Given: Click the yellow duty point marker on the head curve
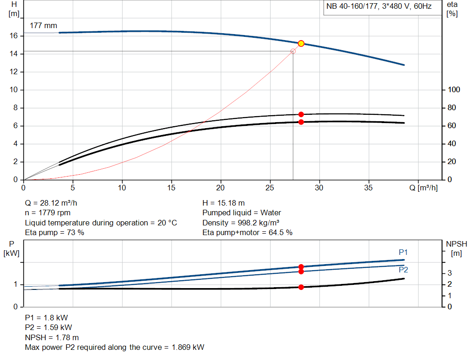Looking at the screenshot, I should pos(301,43).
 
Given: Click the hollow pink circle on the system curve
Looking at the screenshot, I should pos(293,51).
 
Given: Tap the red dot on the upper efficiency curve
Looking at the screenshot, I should pos(301,114).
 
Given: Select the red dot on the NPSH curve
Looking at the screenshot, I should pos(301,287).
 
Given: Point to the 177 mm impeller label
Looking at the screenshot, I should pos(44,26).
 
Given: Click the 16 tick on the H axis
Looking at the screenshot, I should pos(14,35).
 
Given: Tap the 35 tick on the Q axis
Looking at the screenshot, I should pos(368,188).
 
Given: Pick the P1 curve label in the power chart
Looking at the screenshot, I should pos(403,252).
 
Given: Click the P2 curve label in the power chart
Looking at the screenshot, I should pos(403,270).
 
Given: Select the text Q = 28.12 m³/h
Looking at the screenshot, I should pos(54,203).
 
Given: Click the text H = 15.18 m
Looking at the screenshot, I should pos(224,203).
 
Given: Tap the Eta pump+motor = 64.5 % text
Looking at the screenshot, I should pos(248,233).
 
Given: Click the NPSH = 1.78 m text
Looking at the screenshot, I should pos(52,337).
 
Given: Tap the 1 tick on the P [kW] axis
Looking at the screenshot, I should pos(15,284).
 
